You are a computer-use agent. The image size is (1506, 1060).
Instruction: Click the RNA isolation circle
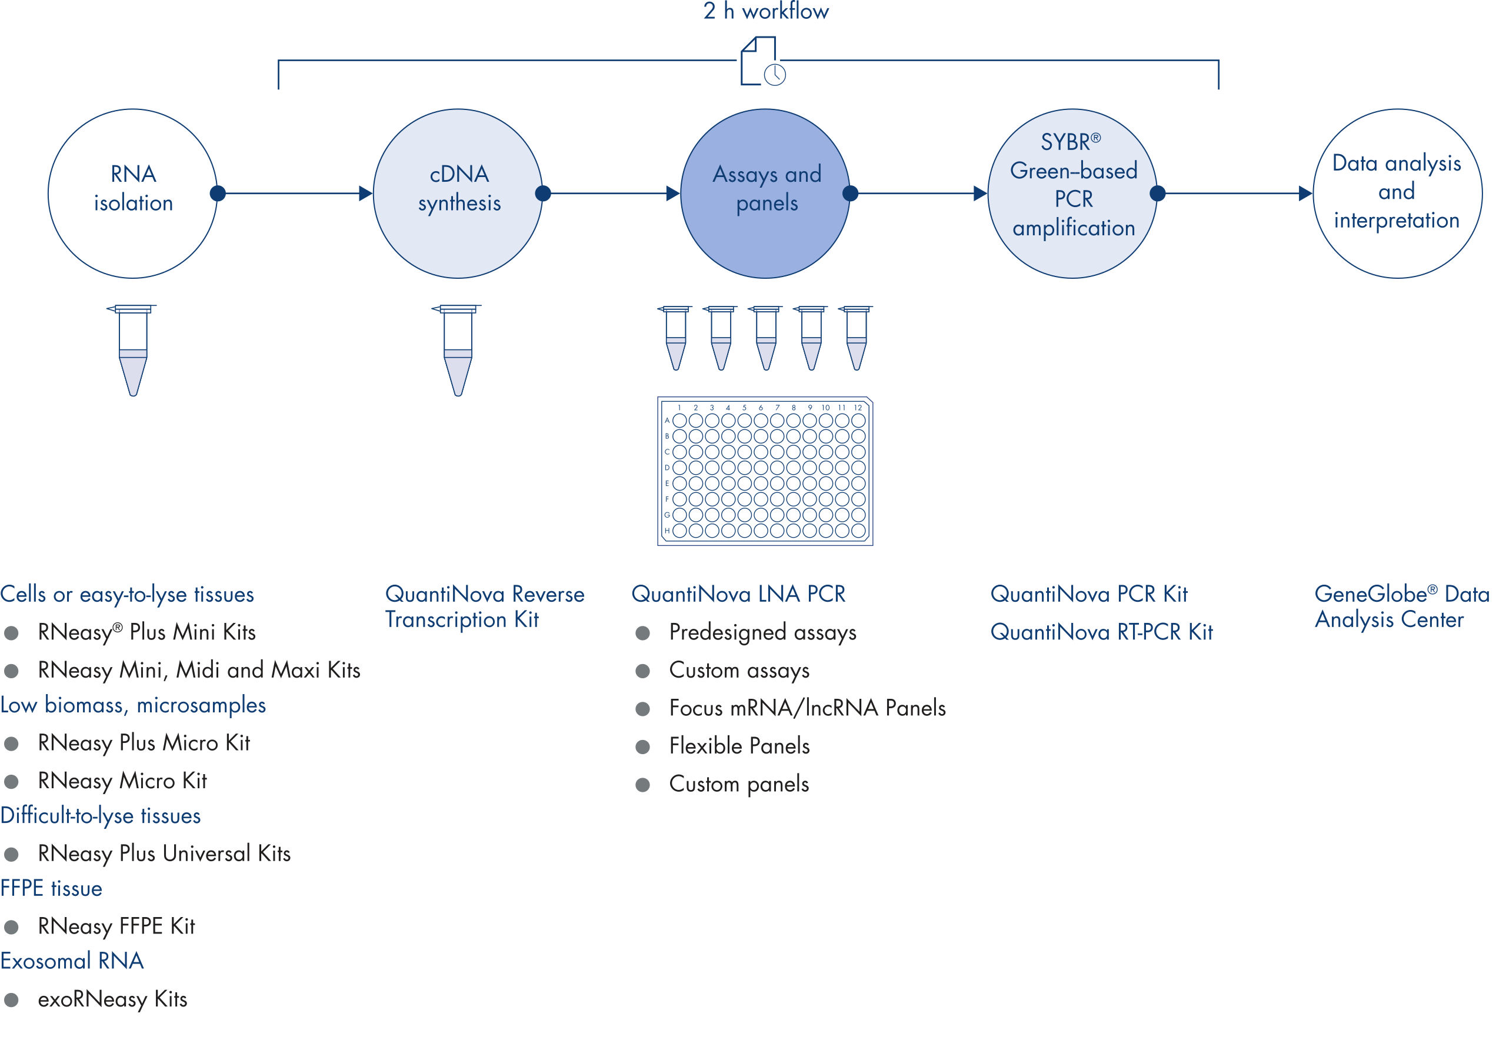tap(132, 194)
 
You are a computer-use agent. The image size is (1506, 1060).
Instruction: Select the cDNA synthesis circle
tap(458, 194)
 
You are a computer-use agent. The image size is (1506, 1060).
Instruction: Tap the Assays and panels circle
tap(765, 194)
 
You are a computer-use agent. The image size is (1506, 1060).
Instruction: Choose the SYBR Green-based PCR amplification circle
tap(1072, 194)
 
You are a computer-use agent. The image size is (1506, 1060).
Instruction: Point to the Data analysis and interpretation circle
tap(1397, 194)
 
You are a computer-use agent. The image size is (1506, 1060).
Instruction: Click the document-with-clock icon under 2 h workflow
tap(762, 62)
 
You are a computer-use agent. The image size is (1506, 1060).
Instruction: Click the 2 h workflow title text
tap(765, 11)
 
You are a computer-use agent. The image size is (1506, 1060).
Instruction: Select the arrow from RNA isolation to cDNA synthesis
tap(295, 194)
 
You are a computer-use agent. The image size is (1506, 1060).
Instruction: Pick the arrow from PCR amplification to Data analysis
tap(1233, 194)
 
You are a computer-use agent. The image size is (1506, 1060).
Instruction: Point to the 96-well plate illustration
tap(765, 471)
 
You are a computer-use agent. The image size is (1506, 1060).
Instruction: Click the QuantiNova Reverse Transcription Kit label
tap(484, 606)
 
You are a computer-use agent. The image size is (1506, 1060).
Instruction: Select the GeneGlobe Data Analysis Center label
tap(1401, 606)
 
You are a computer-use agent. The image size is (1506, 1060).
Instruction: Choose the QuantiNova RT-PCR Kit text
tap(1101, 632)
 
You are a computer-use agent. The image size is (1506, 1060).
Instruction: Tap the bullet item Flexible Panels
tap(739, 746)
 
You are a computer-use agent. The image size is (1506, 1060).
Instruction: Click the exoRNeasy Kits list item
tap(112, 999)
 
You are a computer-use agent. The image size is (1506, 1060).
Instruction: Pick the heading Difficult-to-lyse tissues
tap(101, 816)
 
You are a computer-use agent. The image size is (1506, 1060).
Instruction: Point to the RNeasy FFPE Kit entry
tap(116, 927)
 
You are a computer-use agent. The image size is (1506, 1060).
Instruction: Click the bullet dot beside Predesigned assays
tap(643, 633)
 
